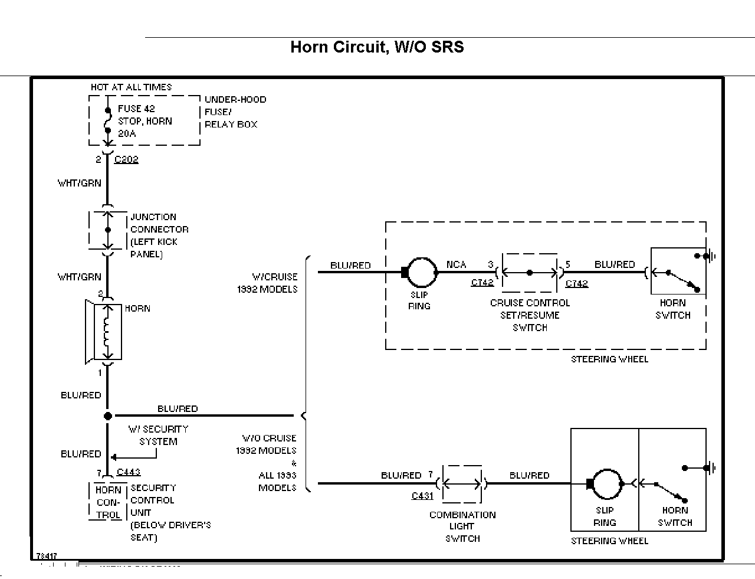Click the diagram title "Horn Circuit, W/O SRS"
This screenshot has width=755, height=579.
(x=377, y=47)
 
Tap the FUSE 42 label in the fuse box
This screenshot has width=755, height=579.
(x=136, y=109)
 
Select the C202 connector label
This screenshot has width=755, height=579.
(x=126, y=159)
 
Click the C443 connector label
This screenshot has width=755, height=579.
(x=129, y=472)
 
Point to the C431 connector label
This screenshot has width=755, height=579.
(x=422, y=496)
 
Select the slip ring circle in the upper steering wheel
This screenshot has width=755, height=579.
(x=422, y=272)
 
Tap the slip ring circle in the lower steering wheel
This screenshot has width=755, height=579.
(x=608, y=484)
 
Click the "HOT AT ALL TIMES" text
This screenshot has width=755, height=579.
(x=131, y=87)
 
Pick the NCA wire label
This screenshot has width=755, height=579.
(x=456, y=264)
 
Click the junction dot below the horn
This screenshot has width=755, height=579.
(x=107, y=416)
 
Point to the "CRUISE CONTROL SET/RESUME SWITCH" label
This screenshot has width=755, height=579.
(x=530, y=315)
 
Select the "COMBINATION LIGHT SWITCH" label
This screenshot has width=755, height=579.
(x=462, y=526)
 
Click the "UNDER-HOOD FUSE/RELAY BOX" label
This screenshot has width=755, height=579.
(x=235, y=112)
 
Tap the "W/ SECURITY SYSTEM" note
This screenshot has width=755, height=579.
(x=158, y=436)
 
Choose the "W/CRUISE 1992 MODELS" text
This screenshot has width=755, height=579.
(x=275, y=283)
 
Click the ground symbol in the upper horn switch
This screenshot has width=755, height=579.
(x=713, y=256)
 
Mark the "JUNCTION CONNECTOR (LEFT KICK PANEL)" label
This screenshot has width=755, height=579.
(x=159, y=235)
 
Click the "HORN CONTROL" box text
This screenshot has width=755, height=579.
(x=108, y=502)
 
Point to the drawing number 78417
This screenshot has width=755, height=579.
(x=47, y=555)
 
